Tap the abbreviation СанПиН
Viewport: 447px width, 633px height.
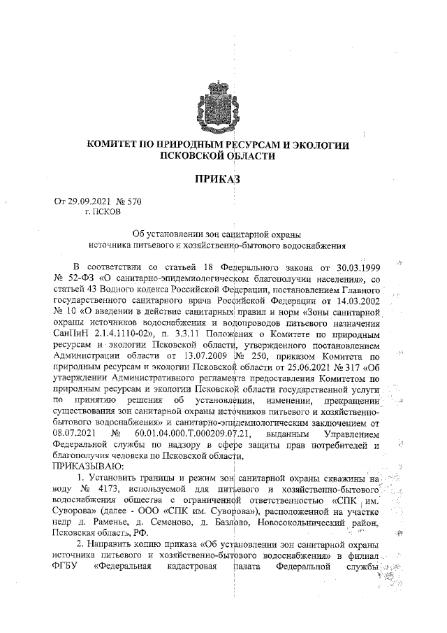[73, 334]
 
